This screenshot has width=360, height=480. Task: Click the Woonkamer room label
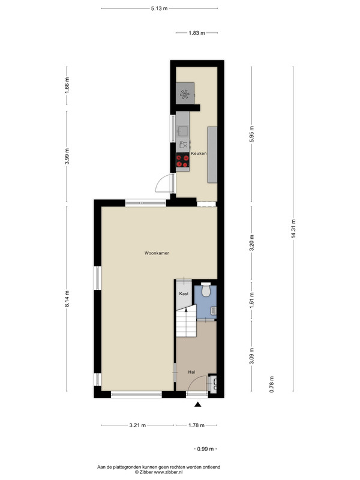[x=157, y=253]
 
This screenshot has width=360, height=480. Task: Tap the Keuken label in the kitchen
[x=199, y=154]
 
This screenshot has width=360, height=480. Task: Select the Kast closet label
[x=184, y=293]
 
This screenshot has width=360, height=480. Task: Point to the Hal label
[x=191, y=372]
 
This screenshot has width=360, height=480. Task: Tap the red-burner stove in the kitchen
[x=182, y=161]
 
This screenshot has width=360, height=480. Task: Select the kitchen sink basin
[x=184, y=131]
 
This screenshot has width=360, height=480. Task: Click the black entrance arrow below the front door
[x=198, y=404]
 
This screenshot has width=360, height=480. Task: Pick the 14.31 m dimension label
[x=293, y=229]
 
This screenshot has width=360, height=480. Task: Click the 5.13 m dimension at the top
[x=159, y=8]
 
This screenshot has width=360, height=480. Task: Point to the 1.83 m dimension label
[x=197, y=33]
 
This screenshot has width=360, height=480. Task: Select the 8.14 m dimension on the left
[x=67, y=298]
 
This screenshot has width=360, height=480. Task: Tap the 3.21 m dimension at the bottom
[x=137, y=425]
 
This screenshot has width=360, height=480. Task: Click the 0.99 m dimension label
[x=205, y=449]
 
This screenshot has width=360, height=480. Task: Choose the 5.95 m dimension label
[x=251, y=134]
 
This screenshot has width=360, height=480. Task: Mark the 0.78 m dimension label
[x=271, y=385]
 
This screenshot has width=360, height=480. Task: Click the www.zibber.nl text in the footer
[x=169, y=472]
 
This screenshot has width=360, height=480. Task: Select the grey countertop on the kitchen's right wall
[x=212, y=155]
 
